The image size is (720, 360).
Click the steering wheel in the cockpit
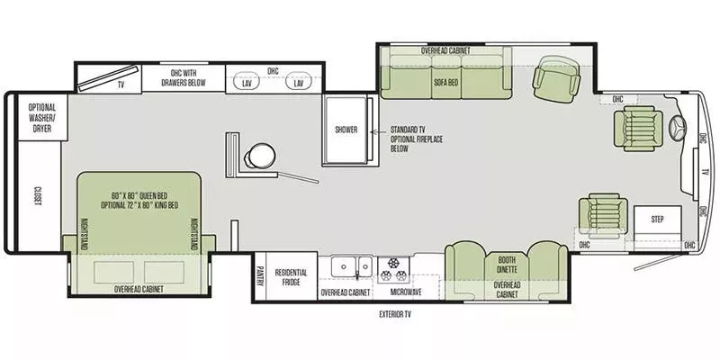coord(679,125)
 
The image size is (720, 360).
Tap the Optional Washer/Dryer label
coord(42,118)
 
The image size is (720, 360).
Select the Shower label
coord(346,130)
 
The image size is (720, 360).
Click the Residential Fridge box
coord(292,276)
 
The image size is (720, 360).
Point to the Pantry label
coord(260,276)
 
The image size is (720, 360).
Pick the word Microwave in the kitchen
coord(406,292)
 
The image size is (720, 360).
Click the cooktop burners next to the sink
coord(393,270)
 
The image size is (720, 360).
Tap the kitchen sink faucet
coord(356,274)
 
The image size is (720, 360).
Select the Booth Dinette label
coord(507,265)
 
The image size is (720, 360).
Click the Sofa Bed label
coord(446,82)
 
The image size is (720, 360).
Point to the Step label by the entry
coord(658,220)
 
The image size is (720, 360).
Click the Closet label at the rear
coord(38,196)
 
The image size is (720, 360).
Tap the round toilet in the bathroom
coord(259,156)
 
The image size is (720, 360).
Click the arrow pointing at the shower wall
coord(379,132)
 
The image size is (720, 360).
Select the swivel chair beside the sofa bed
coord(556,80)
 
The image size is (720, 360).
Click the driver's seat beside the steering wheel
coord(638,129)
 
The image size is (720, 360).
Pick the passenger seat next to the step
coord(603,215)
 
